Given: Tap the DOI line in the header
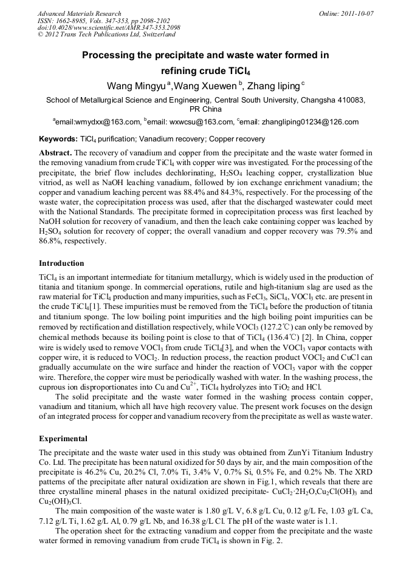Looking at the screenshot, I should click(109, 28).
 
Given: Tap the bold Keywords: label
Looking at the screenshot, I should click(58, 139).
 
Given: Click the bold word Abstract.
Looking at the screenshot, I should click(55, 152).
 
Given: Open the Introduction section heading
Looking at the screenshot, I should click(61, 263).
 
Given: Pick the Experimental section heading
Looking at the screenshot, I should click(63, 438).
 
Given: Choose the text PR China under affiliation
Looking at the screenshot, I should click(205, 109).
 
